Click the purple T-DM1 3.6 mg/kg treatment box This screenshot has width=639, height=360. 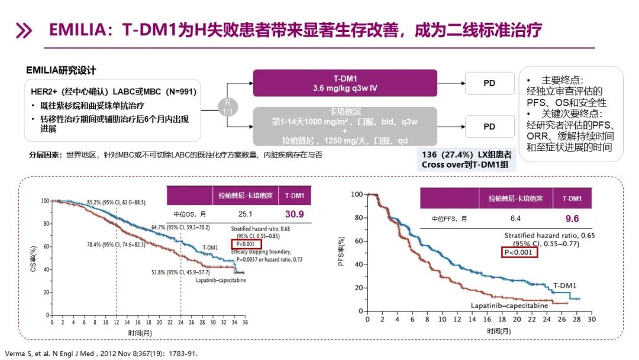(344, 83)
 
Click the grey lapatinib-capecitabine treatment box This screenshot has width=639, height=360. (344, 126)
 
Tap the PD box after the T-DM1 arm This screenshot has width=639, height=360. (489, 83)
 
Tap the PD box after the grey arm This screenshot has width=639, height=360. (489, 127)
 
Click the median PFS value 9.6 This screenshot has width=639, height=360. (572, 219)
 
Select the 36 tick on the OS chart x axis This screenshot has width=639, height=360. (244, 323)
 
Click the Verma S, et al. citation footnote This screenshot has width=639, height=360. (100, 353)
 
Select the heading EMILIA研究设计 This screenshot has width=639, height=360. (61, 70)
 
